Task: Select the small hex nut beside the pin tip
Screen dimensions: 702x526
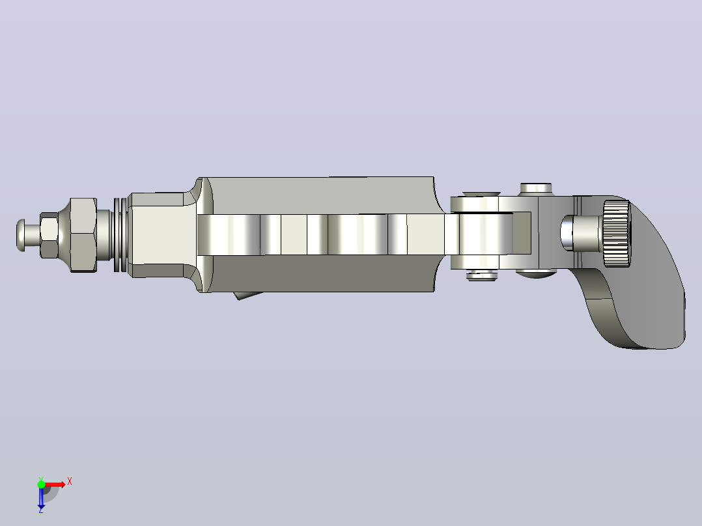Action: (49, 236)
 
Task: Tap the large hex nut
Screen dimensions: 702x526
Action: (83, 235)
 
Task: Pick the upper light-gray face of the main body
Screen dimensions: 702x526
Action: (322, 195)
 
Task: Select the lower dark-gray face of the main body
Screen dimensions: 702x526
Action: (322, 273)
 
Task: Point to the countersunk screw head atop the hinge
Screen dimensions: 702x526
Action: (481, 194)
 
